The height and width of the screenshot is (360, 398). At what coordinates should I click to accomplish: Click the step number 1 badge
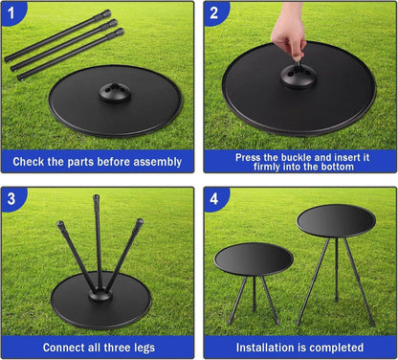(x=11, y=12)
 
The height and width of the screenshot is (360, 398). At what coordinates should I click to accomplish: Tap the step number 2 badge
(x=214, y=12)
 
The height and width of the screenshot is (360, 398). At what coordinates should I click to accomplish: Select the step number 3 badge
(x=11, y=198)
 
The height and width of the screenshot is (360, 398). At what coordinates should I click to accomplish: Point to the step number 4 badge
(x=214, y=198)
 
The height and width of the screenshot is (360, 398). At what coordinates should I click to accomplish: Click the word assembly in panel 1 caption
(x=158, y=162)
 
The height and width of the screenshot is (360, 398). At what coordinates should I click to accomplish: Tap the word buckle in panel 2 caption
(x=298, y=157)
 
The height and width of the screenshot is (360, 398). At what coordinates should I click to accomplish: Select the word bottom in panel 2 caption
(x=334, y=167)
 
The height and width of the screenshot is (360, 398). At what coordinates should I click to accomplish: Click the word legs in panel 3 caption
(x=143, y=348)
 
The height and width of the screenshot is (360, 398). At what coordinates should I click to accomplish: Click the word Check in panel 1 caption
(x=29, y=162)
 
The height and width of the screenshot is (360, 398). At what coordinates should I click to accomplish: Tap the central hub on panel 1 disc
(x=115, y=93)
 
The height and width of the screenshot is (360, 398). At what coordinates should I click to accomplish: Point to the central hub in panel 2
(x=298, y=77)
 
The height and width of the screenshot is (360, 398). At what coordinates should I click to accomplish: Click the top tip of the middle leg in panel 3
(x=96, y=196)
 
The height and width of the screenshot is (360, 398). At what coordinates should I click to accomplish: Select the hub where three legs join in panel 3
(x=100, y=295)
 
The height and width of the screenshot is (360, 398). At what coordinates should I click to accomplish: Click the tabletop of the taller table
(x=336, y=221)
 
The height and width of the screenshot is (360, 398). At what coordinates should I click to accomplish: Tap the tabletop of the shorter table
(x=254, y=259)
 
